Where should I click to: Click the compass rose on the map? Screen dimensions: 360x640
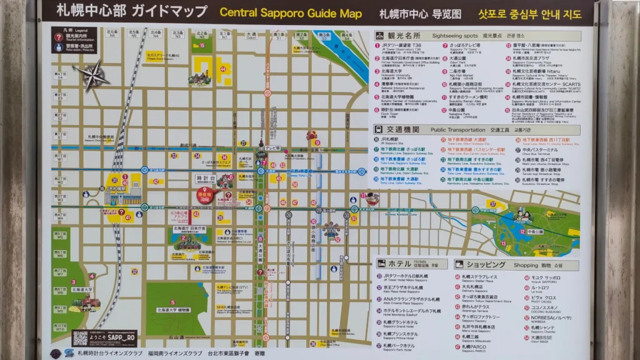92,76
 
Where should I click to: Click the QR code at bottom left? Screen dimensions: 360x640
80,338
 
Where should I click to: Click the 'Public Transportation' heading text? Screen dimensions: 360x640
457,129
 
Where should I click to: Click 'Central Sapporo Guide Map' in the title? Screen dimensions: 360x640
291,12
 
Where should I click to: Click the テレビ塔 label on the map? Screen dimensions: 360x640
272,148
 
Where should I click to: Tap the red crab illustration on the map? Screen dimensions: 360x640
312,136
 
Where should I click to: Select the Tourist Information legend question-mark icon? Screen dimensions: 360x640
58,37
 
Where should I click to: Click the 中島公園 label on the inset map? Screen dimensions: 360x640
534,231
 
